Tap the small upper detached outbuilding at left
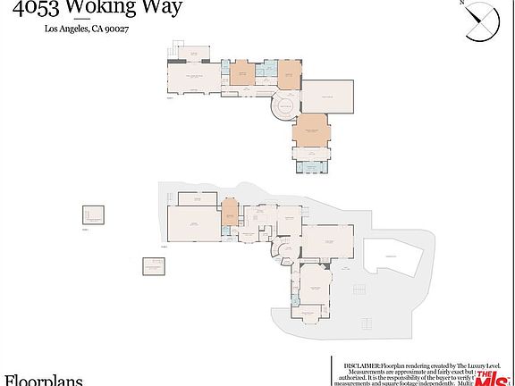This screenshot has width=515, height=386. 93,214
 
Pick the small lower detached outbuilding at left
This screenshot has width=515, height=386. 153,265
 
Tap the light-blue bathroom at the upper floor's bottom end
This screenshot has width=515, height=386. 311,166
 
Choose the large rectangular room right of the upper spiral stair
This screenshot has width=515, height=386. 329,96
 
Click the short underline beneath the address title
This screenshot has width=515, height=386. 81,17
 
